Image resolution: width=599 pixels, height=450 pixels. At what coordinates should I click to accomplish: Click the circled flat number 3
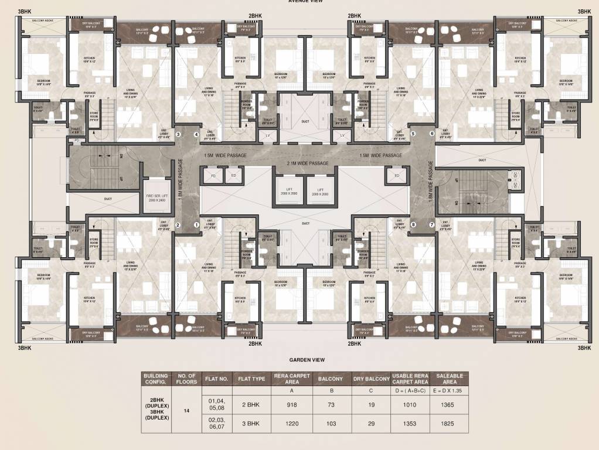179,134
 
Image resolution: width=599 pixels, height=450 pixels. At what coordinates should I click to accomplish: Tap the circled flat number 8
413,224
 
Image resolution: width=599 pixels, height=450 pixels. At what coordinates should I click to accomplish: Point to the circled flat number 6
432,134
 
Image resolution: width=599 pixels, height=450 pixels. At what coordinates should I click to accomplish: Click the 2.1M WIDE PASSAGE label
307,163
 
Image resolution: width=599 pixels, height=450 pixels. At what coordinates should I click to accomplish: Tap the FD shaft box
213,176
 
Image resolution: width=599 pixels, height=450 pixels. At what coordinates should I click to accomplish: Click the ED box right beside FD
233,176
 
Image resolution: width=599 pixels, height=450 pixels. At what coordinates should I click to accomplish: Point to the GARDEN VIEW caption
307,360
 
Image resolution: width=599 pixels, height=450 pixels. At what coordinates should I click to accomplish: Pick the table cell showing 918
291,404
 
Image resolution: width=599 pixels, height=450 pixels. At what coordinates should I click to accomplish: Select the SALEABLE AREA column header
450,379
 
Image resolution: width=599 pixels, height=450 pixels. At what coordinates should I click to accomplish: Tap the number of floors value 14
186,411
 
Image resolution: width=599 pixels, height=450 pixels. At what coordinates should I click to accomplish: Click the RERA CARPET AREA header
291,379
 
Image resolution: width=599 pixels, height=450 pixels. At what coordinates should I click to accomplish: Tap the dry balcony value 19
370,404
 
